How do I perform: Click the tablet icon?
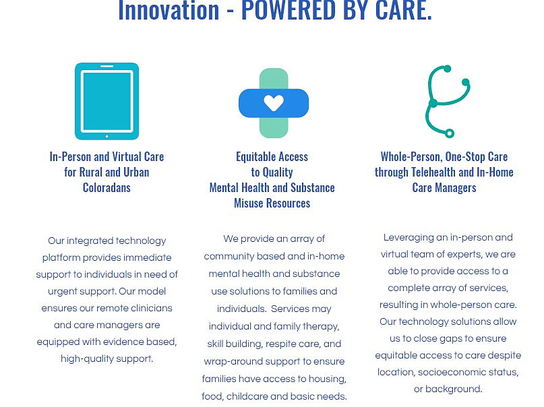[107, 101]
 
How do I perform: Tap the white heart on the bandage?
[274, 103]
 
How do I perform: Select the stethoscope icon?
[448, 101]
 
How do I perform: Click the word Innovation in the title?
[169, 10]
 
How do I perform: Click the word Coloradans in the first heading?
[107, 187]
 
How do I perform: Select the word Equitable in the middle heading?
[255, 157]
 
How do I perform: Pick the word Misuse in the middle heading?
[249, 203]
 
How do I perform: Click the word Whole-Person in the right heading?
[411, 157]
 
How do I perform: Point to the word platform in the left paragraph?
[61, 258]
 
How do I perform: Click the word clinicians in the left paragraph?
[151, 308]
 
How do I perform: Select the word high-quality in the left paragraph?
[87, 359]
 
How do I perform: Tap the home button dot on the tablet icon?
[107, 136]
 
